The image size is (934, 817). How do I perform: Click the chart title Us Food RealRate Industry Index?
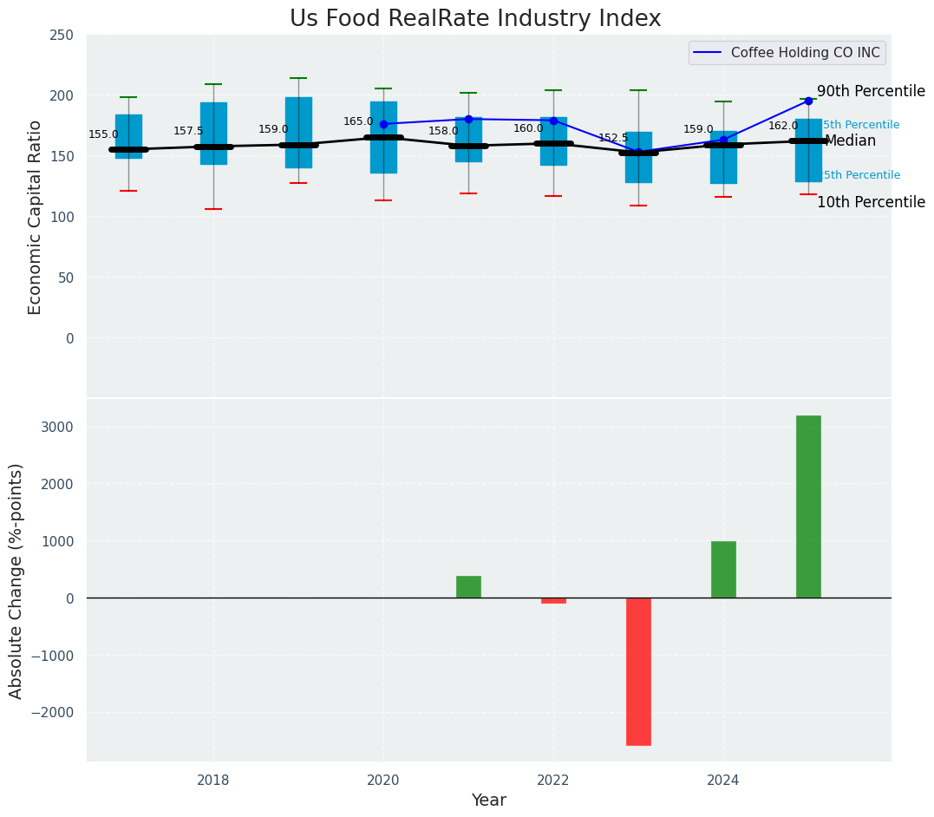pos(475,19)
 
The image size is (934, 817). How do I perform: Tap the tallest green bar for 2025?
pos(808,507)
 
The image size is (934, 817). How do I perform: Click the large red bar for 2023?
pos(638,671)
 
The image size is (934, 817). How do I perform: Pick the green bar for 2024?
pos(723,569)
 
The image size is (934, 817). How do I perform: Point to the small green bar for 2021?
pos(468,587)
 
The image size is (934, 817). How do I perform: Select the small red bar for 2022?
pos(553,600)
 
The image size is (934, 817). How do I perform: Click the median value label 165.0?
pos(358,122)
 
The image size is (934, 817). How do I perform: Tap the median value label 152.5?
pos(613,138)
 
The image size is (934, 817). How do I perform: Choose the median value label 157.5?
pos(188,131)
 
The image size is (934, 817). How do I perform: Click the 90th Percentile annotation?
pos(871,92)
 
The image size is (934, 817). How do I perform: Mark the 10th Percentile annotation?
pos(871,203)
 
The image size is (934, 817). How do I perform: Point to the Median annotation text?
pos(850,141)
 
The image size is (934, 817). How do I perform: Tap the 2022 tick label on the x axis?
pos(553,781)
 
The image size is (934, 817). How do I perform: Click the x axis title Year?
pos(488,801)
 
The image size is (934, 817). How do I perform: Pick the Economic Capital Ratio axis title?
pos(36,217)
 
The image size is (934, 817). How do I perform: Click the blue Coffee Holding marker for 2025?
pos(808,101)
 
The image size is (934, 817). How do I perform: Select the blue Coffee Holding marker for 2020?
pos(383,124)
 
